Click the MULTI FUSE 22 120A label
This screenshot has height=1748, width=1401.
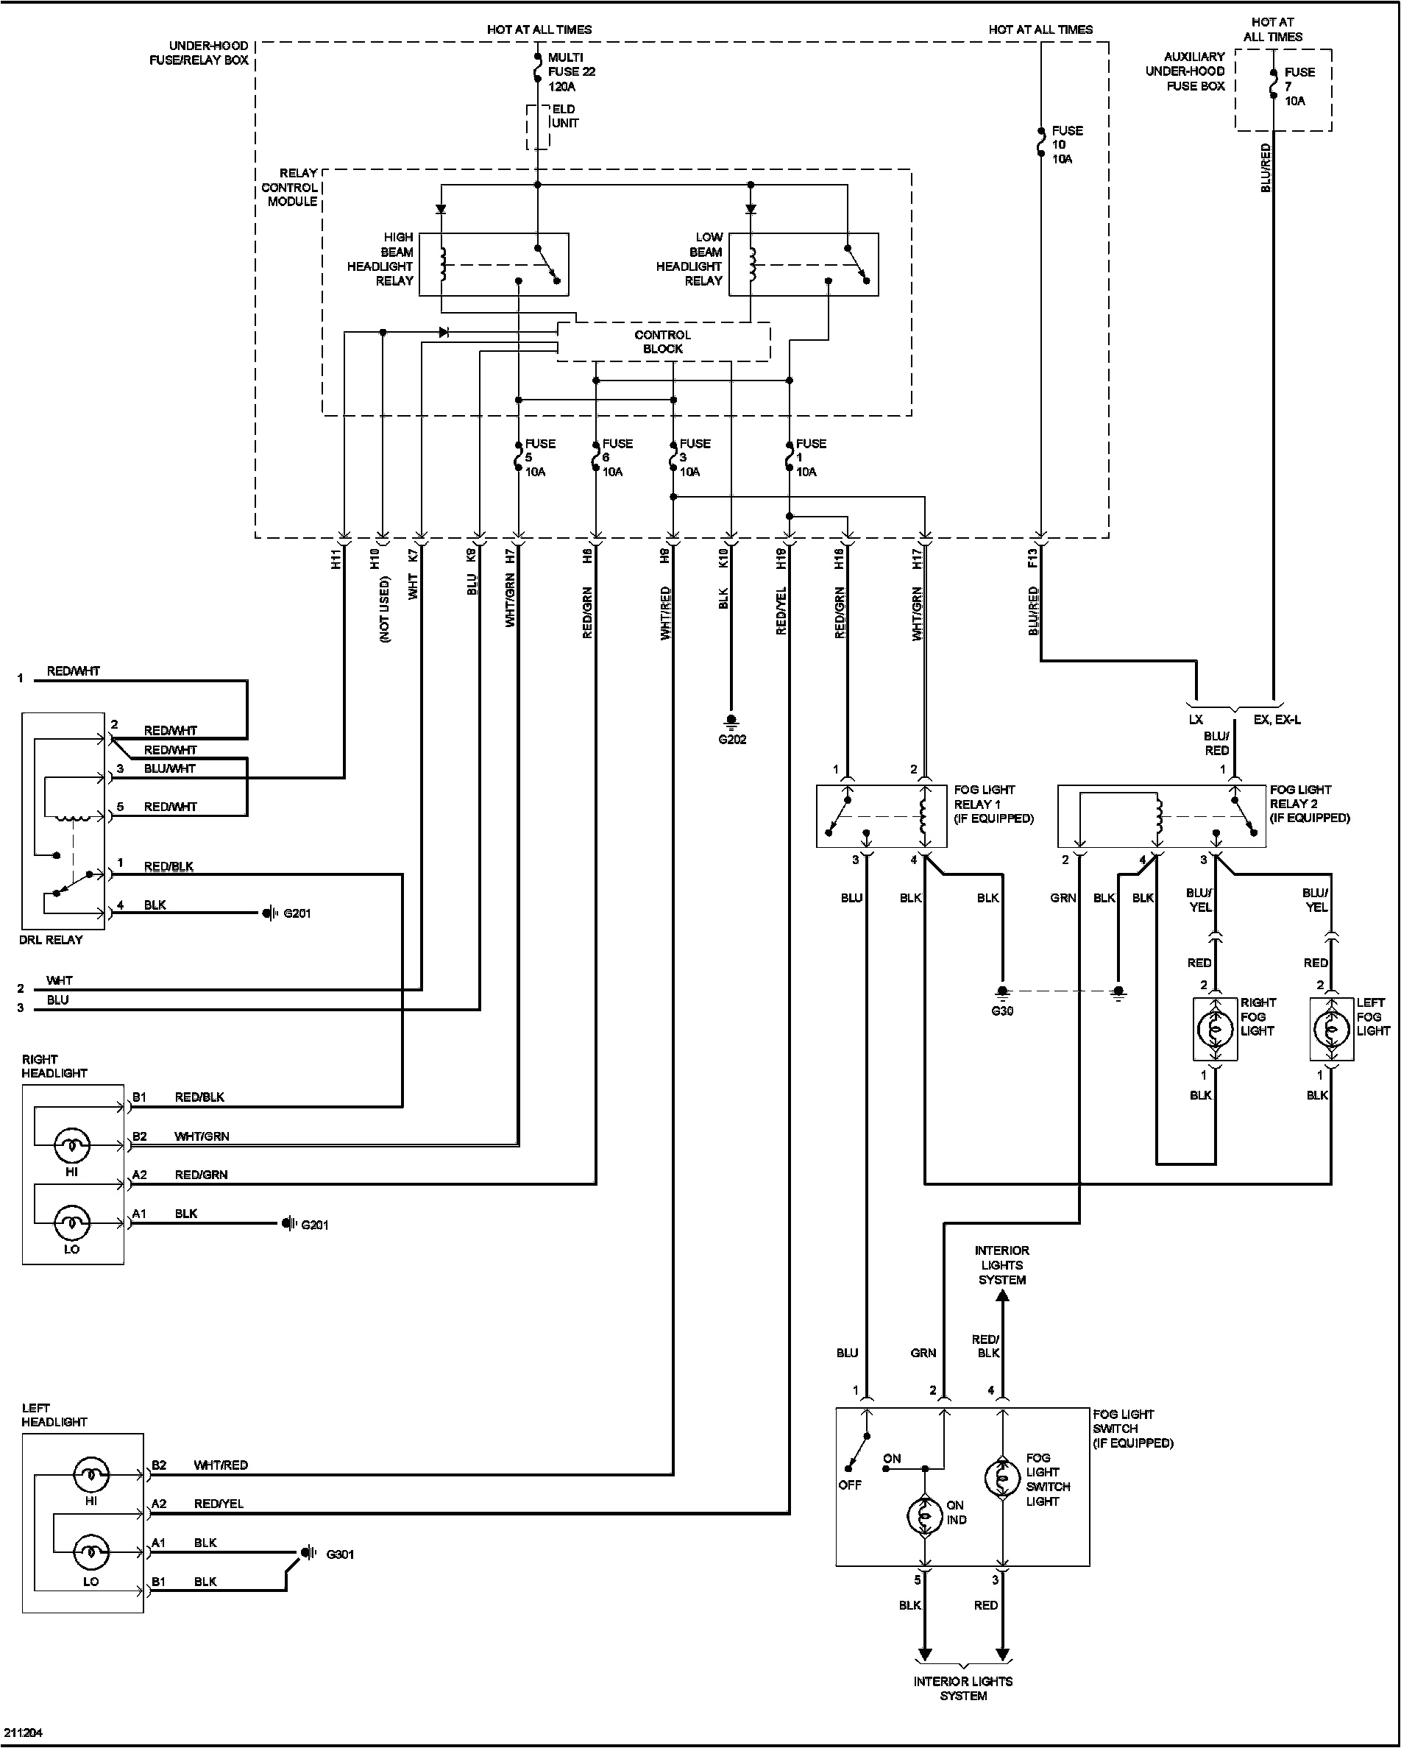[571, 71]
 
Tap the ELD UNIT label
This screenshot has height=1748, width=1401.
[564, 116]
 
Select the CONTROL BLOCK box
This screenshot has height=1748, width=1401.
[663, 342]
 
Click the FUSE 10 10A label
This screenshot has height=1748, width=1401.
[1066, 144]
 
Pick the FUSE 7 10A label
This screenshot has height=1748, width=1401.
[1299, 86]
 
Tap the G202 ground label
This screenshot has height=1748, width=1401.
[731, 740]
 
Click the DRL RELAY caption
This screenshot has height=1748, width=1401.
[51, 940]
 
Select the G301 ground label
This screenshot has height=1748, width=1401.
[340, 1554]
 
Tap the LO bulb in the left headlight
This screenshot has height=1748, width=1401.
[91, 1553]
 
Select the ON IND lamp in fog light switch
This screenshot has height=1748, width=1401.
[923, 1515]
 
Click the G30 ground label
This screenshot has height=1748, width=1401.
[1002, 1011]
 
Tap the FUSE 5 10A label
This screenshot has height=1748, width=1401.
[539, 457]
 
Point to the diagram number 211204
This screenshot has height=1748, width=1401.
[23, 1733]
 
